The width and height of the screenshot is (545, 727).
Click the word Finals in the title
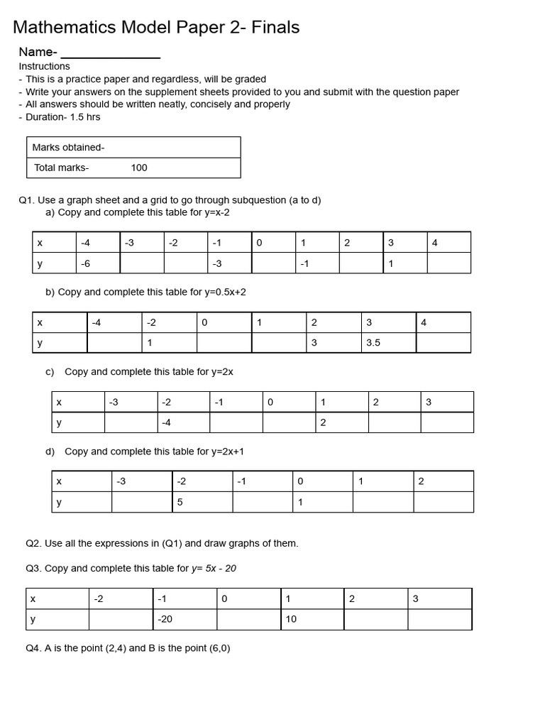coord(272,28)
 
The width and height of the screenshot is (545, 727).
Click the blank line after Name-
coord(111,53)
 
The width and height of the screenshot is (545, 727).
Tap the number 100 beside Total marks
coord(139,168)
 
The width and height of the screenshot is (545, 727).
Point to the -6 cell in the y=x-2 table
coord(86,263)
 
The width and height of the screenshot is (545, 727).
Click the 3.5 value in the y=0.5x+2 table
coord(373,343)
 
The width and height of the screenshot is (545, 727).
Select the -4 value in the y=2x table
coord(166,422)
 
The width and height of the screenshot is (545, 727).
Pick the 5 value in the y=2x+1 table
coord(180,502)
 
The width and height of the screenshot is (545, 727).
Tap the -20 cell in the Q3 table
coord(165,619)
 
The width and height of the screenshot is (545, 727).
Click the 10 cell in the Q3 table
coord(291,619)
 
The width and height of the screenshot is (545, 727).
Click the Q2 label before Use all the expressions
coord(33,543)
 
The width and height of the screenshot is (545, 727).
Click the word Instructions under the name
coord(44,66)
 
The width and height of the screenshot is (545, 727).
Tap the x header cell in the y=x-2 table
coord(40,243)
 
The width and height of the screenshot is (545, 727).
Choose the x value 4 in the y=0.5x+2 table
coord(424,322)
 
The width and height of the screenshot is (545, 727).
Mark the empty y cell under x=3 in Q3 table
coord(439,619)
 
